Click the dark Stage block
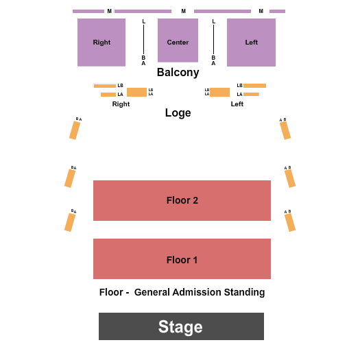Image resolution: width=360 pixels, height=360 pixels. (x=181, y=326)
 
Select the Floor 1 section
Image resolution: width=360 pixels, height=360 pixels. (x=182, y=259)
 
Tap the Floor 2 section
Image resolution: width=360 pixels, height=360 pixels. (x=182, y=200)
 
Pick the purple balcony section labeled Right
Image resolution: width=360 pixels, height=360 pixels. (x=101, y=43)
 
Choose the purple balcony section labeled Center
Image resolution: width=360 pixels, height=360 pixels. (x=178, y=40)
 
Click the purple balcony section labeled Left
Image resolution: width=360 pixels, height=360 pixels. (x=251, y=43)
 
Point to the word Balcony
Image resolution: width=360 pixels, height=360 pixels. (x=178, y=72)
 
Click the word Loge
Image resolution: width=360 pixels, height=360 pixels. (x=178, y=112)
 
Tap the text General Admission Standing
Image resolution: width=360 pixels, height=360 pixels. (x=200, y=292)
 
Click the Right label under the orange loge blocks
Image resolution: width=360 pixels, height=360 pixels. (x=121, y=104)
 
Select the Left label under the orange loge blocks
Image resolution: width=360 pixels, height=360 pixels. (x=237, y=104)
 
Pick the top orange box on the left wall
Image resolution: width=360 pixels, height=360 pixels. (x=75, y=130)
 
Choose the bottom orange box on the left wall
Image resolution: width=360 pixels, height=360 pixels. (x=70, y=222)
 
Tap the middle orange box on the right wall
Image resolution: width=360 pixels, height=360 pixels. (x=290, y=178)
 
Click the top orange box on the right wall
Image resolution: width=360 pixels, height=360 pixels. (x=285, y=130)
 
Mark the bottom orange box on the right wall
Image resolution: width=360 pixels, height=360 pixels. (x=290, y=222)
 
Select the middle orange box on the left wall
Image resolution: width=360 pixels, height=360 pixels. (x=70, y=178)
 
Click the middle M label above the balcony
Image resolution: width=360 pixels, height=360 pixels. (x=183, y=11)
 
